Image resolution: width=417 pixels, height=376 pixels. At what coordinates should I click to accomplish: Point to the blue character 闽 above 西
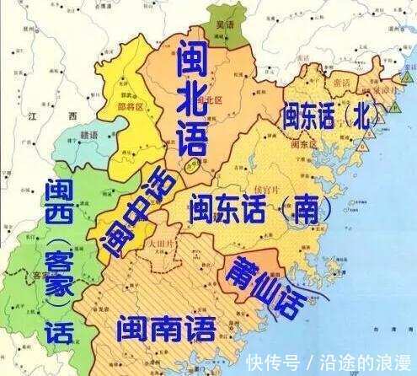point(58,191)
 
